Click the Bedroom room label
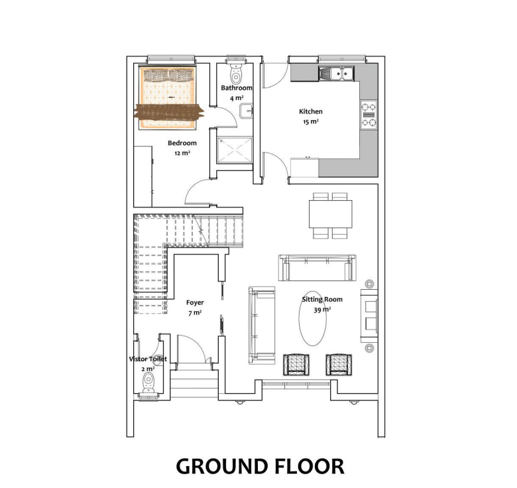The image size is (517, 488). (182, 143)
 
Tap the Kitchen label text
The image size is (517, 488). (311, 111)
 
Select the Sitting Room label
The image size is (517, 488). (322, 300)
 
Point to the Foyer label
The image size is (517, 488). (195, 303)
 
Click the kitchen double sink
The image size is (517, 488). (336, 74)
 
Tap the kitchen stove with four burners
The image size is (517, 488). (369, 115)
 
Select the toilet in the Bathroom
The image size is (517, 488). (236, 72)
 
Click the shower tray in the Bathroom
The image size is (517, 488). (235, 150)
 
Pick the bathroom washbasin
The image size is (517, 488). (246, 111)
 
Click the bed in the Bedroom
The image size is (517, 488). (168, 97)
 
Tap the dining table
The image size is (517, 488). (330, 214)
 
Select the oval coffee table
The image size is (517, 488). (313, 318)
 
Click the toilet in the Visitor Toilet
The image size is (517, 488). (148, 383)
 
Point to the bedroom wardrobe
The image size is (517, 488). (143, 176)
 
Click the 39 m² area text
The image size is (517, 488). (322, 310)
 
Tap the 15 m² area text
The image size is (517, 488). (311, 122)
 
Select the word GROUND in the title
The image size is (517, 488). (223, 466)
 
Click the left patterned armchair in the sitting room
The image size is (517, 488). (296, 365)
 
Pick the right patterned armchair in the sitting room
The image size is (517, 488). (339, 365)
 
